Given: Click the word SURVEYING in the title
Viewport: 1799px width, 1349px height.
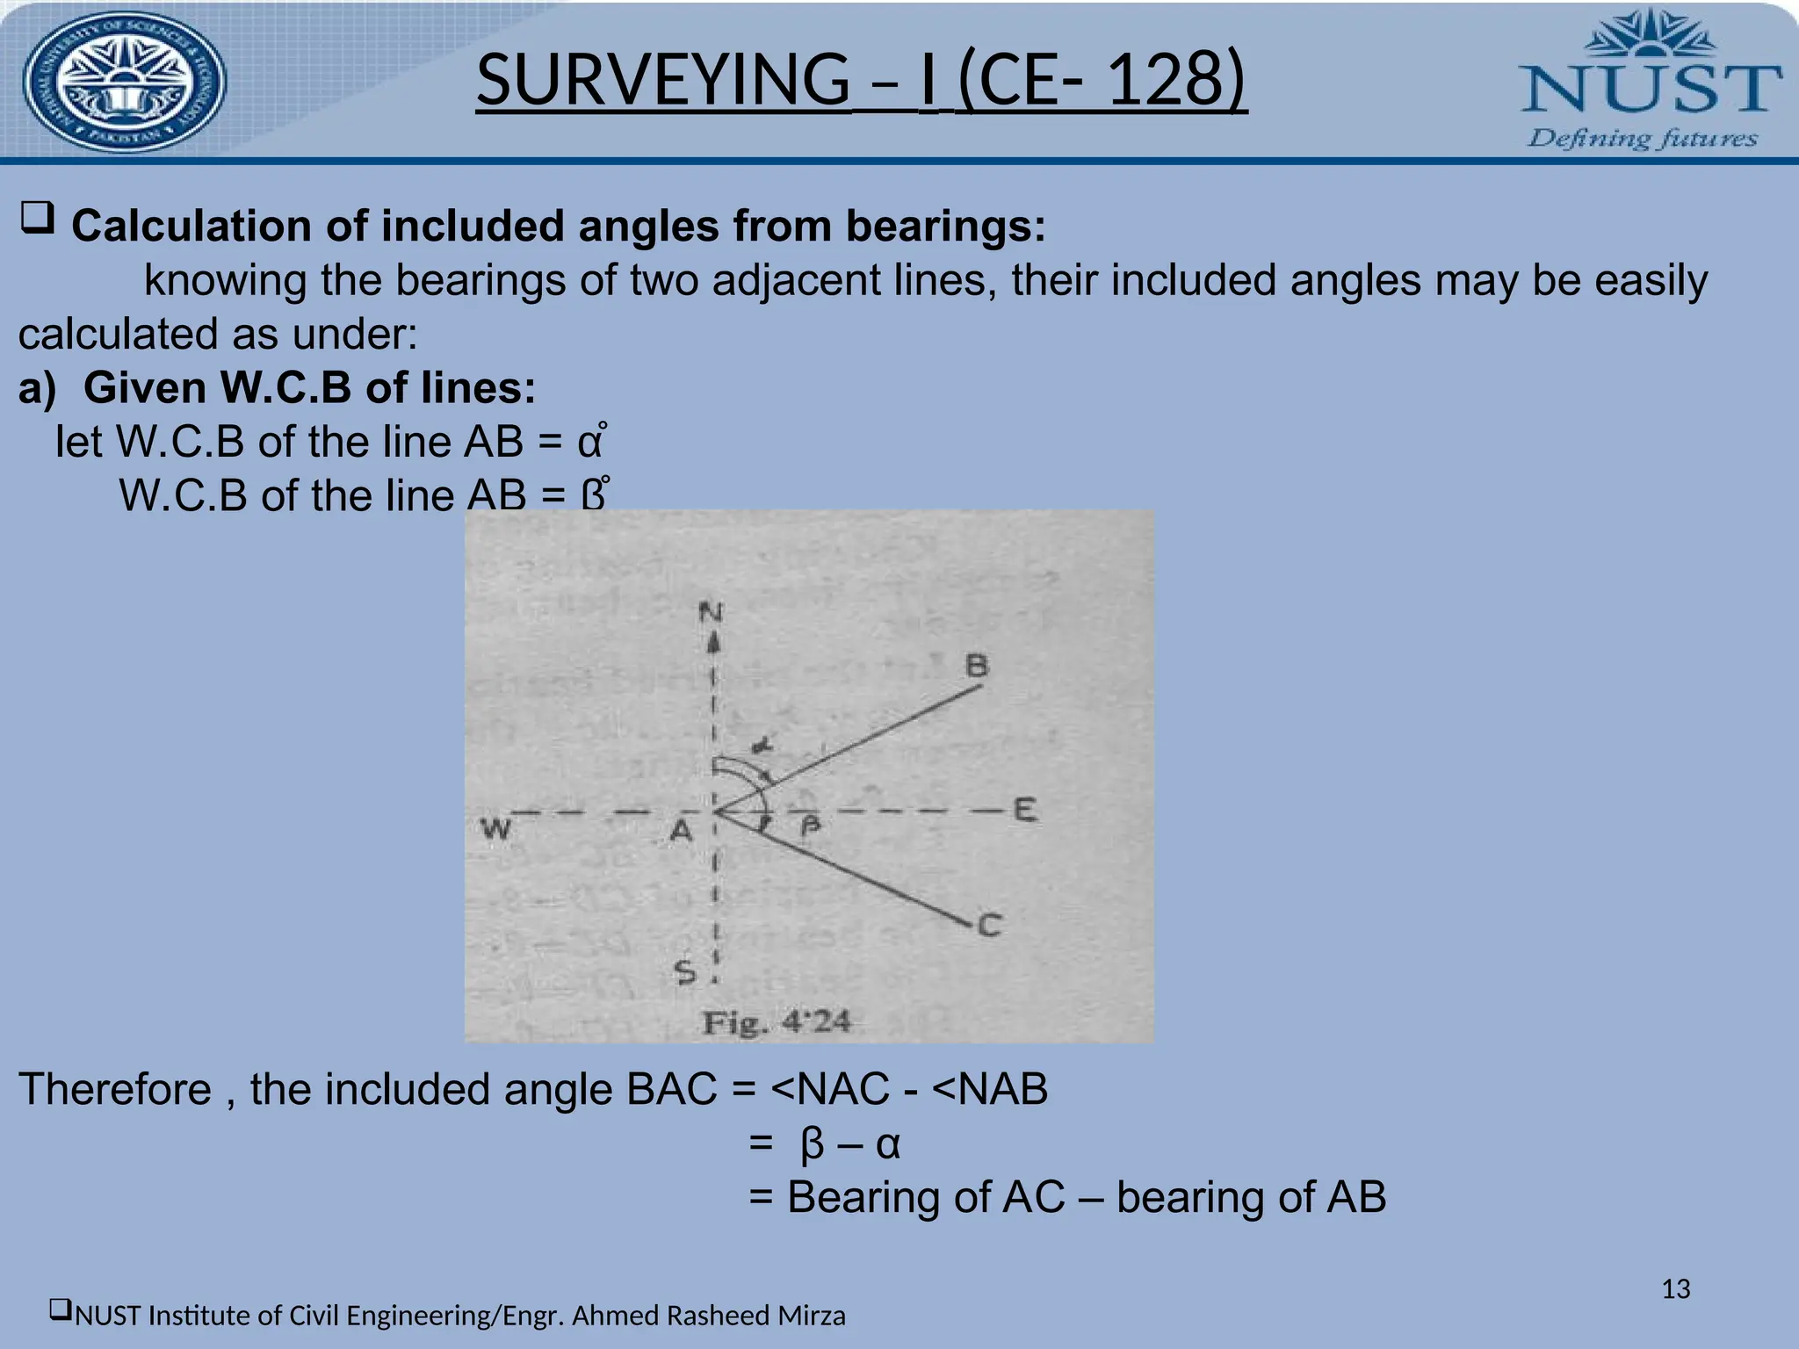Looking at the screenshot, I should [x=662, y=79].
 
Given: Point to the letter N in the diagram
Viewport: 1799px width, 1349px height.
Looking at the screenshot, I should [x=711, y=611].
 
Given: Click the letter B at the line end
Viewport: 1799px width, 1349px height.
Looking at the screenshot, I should [x=977, y=665].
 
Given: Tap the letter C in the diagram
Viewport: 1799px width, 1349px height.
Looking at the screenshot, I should [x=989, y=925].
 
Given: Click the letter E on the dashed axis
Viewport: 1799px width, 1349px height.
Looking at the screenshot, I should [x=1024, y=809].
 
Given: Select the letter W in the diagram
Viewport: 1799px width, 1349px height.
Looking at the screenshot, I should [x=496, y=828].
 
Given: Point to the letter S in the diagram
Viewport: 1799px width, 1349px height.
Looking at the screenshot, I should [x=684, y=971].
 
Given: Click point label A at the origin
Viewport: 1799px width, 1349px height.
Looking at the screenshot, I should [x=681, y=830].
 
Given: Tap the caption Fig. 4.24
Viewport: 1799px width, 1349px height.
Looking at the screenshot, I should [x=776, y=1022].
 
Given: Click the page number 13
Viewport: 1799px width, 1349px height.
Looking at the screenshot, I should [x=1676, y=1289].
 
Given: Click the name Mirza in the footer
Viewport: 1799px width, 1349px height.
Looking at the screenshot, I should [x=812, y=1316].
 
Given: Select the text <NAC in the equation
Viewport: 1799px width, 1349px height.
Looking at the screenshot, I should [x=830, y=1089].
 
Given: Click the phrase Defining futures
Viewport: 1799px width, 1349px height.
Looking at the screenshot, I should [x=1642, y=139].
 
